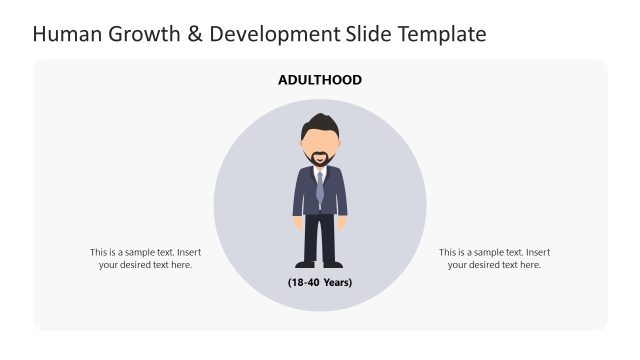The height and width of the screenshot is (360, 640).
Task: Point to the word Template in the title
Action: coord(442,34)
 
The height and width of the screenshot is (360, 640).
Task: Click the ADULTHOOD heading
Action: coord(320,80)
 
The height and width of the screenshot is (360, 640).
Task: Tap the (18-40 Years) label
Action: coord(320,282)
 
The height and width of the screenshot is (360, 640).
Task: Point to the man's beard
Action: coord(320,158)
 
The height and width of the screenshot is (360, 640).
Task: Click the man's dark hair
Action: coord(320,125)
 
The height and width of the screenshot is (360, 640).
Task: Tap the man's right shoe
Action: coord(333,264)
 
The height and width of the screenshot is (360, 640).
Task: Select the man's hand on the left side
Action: coord(297,222)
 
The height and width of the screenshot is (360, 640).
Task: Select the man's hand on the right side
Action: coord(343,222)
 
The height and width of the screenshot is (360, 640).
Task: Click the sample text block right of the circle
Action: coord(494,258)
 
